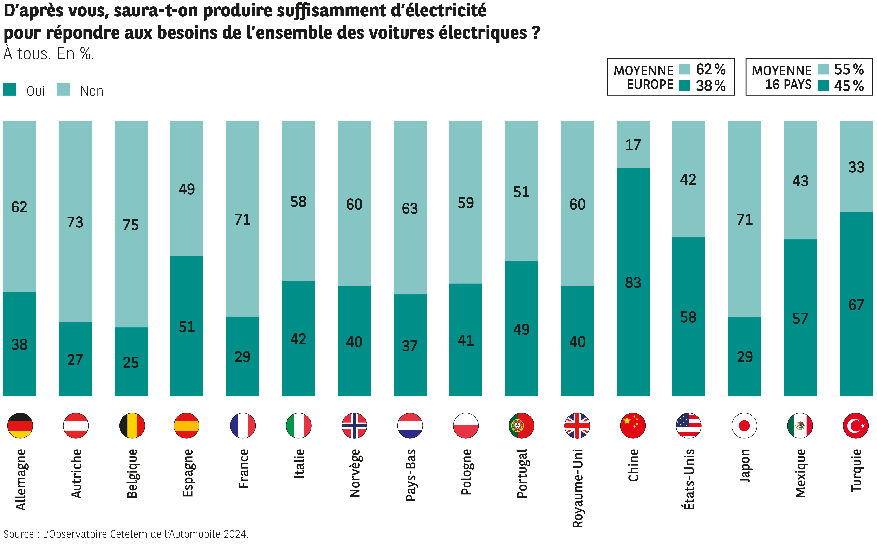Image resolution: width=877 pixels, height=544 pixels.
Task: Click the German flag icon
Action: click(x=20, y=426)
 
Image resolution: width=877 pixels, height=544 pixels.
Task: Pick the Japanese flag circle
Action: click(x=744, y=426)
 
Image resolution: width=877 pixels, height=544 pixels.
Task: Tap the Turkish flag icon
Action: click(x=856, y=426)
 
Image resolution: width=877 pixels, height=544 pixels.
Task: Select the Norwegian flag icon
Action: click(x=354, y=426)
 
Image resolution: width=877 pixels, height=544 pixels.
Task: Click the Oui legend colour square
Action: click(x=10, y=89)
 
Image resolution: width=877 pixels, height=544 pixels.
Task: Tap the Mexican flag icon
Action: click(x=800, y=426)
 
